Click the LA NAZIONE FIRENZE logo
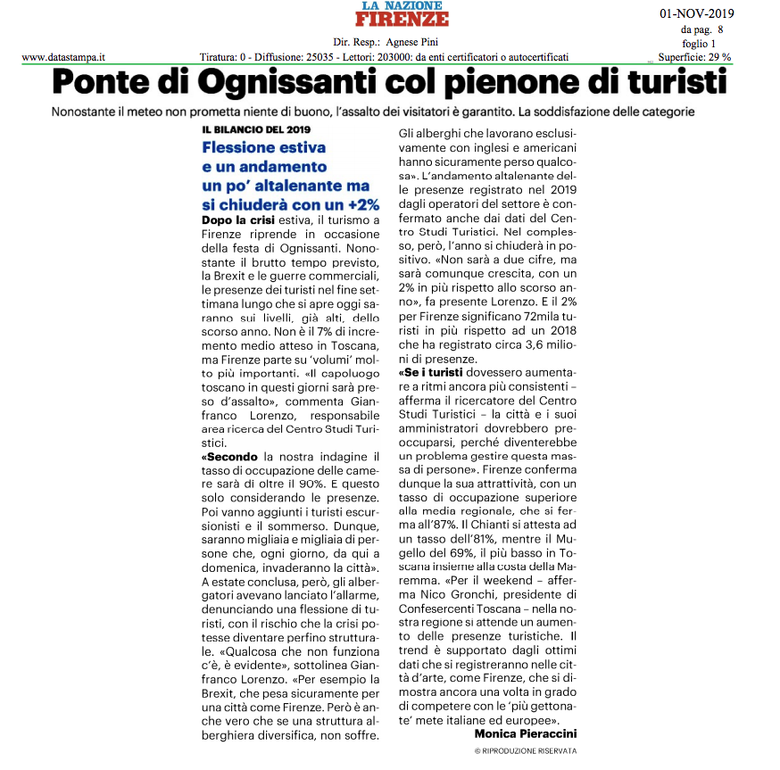point(404,14)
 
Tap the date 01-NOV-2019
point(695,13)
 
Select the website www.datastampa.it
point(64,57)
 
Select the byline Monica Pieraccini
point(526,733)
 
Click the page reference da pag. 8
point(702,29)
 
